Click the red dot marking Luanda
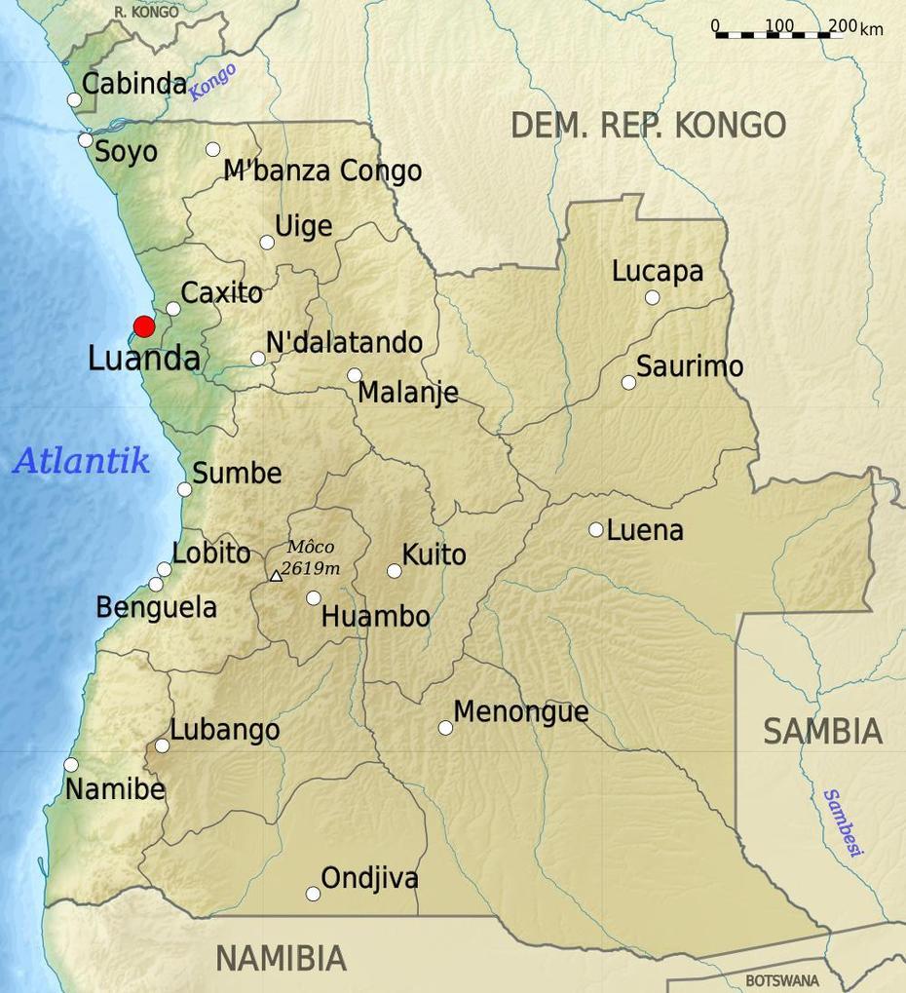144,326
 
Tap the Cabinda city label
133,84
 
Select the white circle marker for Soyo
86,140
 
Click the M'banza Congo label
322,172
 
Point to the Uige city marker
267,243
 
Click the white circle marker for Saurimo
629,383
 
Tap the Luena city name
645,531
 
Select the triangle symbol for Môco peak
276,577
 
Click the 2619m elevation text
311,568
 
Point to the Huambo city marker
314,598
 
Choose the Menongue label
521,712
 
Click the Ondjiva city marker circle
313,894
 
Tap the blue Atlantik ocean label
81,460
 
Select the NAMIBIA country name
281,958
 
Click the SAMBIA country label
822,731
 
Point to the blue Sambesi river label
843,822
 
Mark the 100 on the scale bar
779,25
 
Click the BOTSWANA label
781,980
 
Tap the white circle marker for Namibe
71,765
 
